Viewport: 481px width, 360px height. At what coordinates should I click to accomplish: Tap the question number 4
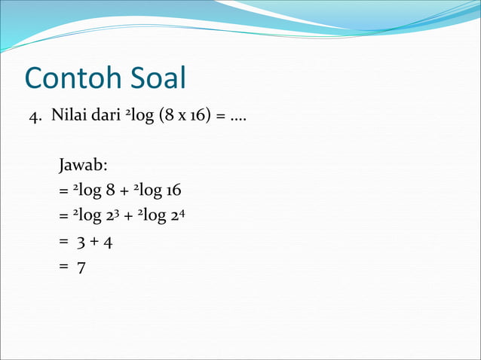point(33,118)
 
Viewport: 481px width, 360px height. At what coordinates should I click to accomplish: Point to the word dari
point(104,118)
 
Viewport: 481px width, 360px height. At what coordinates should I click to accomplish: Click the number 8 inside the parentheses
point(164,118)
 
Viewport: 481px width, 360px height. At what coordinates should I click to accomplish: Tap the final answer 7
point(80,267)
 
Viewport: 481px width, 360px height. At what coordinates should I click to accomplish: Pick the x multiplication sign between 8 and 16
point(176,119)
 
